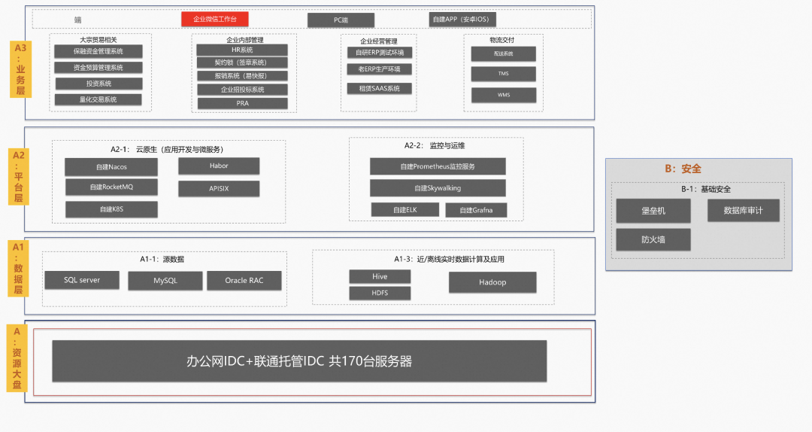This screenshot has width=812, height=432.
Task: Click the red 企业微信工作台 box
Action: (x=215, y=19)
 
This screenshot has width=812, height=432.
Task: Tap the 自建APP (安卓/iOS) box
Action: (x=462, y=20)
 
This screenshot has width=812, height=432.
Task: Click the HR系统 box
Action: (x=242, y=50)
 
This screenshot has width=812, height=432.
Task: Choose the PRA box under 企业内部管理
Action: (x=242, y=103)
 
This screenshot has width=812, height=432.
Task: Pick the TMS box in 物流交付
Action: (x=503, y=74)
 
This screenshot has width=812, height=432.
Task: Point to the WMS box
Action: (x=503, y=95)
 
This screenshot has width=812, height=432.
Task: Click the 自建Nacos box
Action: (x=111, y=166)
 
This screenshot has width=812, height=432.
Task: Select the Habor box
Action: (x=219, y=166)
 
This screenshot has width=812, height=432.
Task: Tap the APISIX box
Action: (x=219, y=188)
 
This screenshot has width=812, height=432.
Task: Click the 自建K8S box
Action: (x=111, y=209)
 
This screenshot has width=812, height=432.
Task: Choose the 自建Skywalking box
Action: (x=438, y=187)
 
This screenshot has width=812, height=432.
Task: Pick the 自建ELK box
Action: (x=404, y=210)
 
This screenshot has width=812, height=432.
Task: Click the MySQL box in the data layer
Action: (x=165, y=281)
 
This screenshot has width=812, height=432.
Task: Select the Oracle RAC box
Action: (x=244, y=281)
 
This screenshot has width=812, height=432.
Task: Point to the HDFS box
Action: (x=380, y=293)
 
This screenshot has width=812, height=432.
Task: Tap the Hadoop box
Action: (x=492, y=282)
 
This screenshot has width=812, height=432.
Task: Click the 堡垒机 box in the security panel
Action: (x=653, y=211)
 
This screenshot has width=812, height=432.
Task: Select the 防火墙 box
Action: (x=653, y=239)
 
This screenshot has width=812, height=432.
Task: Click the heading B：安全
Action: (x=683, y=169)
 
